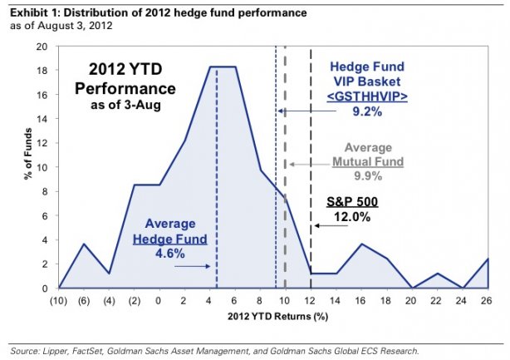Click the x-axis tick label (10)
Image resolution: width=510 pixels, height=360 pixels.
[58, 299]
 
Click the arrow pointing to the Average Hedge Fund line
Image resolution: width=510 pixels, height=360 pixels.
[193, 266]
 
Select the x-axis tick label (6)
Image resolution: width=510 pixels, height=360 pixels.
[83, 299]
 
